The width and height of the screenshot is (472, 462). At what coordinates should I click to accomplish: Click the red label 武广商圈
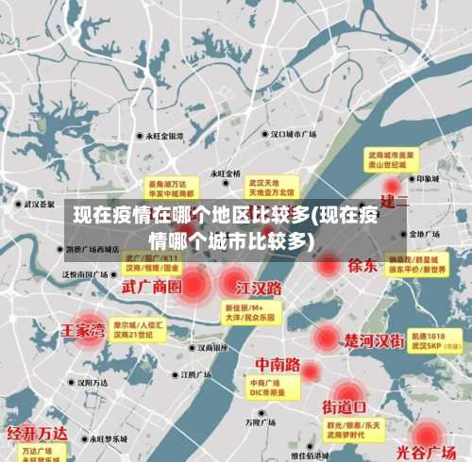(152, 286)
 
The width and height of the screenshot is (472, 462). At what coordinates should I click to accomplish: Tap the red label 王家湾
(83, 332)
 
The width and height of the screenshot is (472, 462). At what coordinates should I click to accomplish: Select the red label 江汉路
(260, 287)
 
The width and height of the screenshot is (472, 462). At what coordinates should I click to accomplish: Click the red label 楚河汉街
(375, 339)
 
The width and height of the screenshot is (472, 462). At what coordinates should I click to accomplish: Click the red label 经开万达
(38, 434)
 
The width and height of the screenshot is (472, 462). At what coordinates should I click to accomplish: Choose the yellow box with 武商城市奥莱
(392, 157)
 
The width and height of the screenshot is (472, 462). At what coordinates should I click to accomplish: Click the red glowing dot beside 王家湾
(89, 331)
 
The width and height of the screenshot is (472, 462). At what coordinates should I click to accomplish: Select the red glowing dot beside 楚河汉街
(327, 337)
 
